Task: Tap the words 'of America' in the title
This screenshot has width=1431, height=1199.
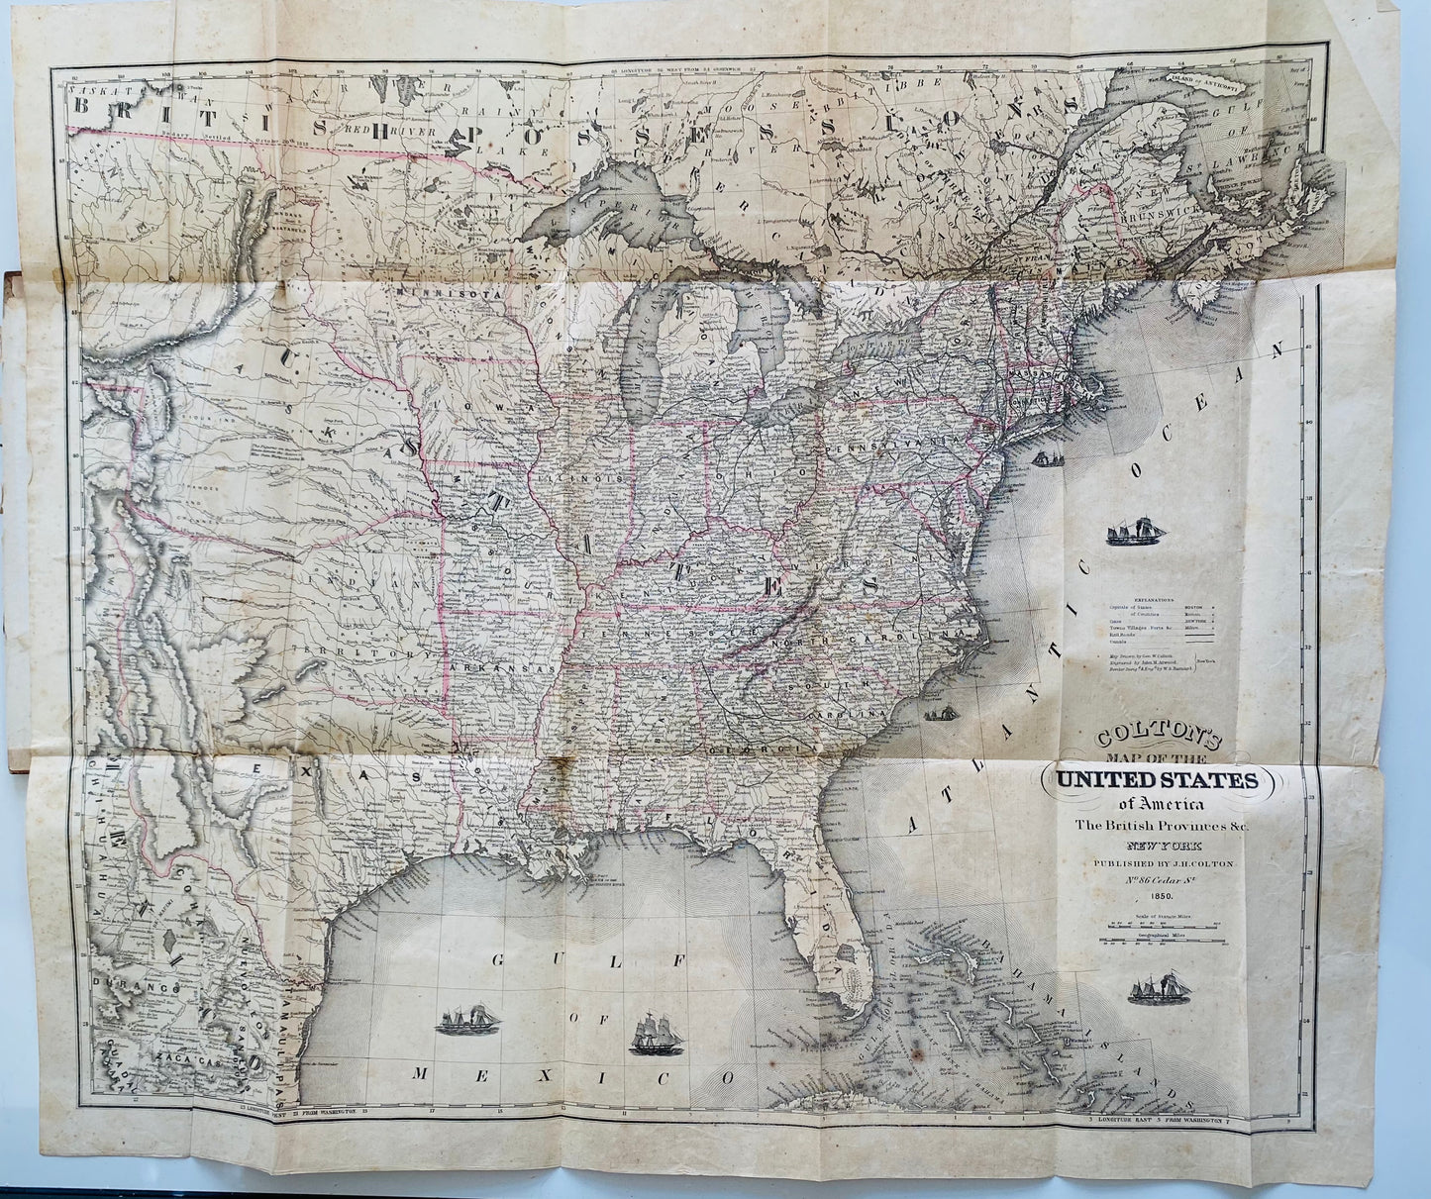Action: (1157, 805)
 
